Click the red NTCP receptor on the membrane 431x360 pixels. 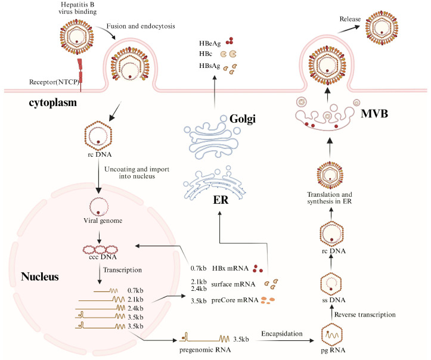pyautogui.click(x=80, y=74)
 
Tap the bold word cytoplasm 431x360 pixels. pyautogui.click(x=53, y=103)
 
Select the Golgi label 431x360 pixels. pyautogui.click(x=243, y=119)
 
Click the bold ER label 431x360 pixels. pyautogui.click(x=221, y=200)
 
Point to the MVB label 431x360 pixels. pyautogui.click(x=374, y=113)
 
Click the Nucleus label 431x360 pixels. pyautogui.click(x=40, y=277)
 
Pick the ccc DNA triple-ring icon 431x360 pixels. pyautogui.click(x=100, y=250)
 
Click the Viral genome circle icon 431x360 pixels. pyautogui.click(x=99, y=207)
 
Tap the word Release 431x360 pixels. pyautogui.click(x=350, y=19)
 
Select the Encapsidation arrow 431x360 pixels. pyautogui.click(x=285, y=341)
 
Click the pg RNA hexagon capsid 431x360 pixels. pyautogui.click(x=332, y=335)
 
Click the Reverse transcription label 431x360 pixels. pyautogui.click(x=365, y=315)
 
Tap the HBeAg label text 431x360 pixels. pyautogui.click(x=210, y=44)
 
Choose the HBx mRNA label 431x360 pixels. pyautogui.click(x=230, y=268)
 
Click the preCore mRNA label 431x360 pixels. pyautogui.click(x=235, y=300)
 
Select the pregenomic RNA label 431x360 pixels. pyautogui.click(x=205, y=350)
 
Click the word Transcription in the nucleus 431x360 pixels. pyautogui.click(x=122, y=270)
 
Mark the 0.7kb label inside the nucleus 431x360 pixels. pyautogui.click(x=135, y=290)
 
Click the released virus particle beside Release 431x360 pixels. pyautogui.click(x=382, y=27)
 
